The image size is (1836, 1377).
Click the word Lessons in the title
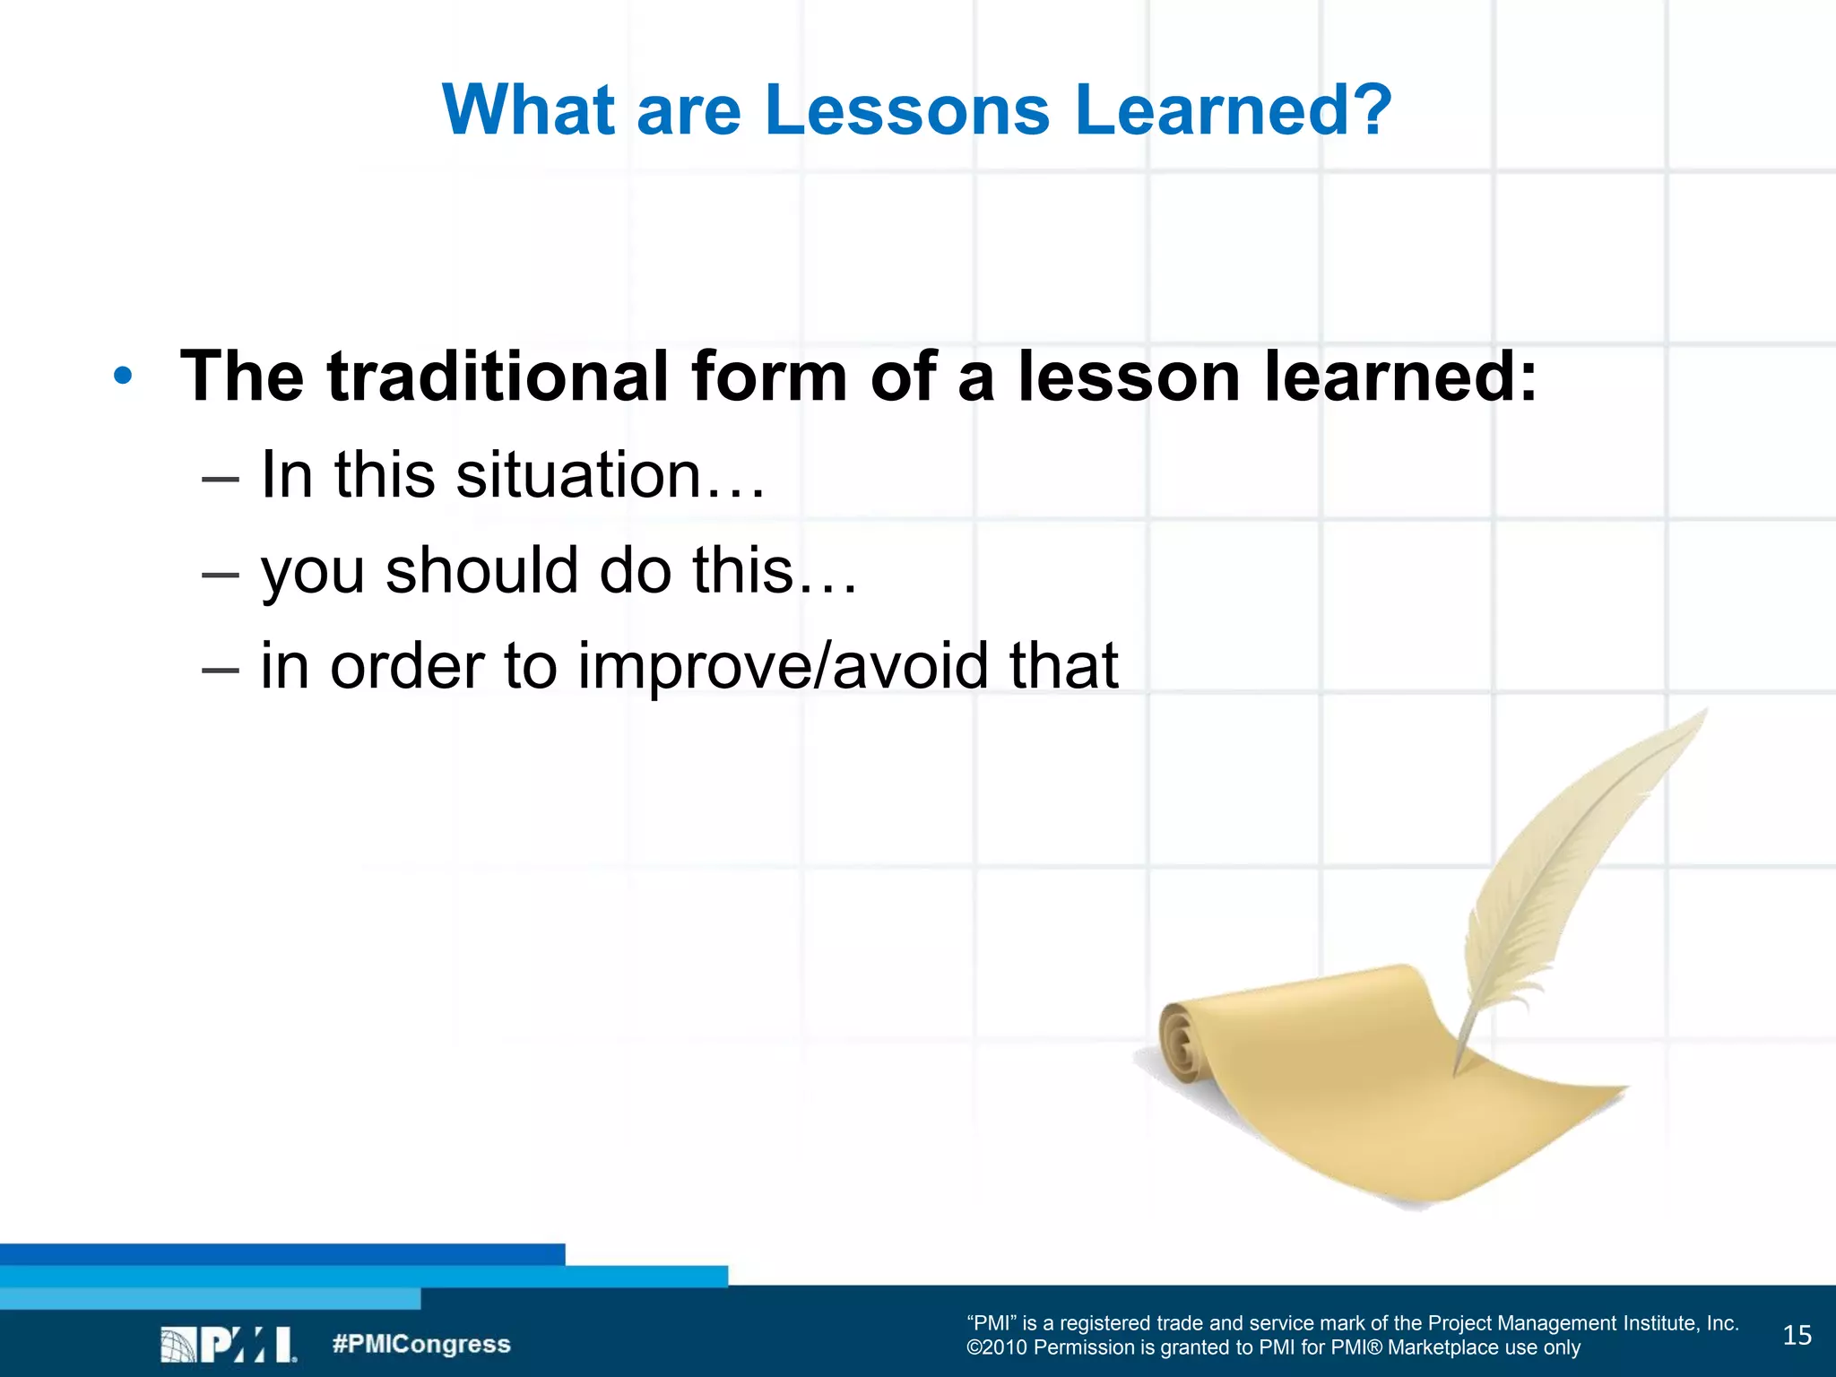point(906,109)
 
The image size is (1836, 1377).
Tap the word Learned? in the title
point(1233,109)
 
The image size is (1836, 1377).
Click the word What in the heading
point(527,109)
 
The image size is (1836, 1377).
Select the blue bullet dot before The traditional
point(124,376)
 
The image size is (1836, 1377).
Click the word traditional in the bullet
point(498,376)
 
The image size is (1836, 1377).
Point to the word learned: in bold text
point(1400,376)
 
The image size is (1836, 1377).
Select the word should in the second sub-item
point(481,570)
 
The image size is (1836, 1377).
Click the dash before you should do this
point(221,574)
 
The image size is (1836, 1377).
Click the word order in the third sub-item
point(407,666)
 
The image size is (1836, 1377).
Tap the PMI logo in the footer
point(229,1345)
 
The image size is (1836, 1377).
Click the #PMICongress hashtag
point(420,1344)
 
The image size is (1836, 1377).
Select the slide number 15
point(1797,1336)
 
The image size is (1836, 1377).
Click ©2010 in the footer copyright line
point(997,1348)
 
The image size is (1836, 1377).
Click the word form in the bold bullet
point(768,376)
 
